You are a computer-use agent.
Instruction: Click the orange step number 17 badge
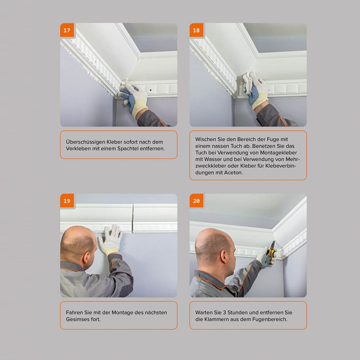click(x=67, y=30)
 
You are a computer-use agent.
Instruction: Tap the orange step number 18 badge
click(x=196, y=30)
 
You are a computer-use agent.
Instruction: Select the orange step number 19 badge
click(x=67, y=201)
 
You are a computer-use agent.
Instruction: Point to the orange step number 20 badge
click(x=196, y=201)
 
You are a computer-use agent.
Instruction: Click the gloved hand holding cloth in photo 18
click(x=256, y=90)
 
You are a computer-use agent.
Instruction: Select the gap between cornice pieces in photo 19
click(x=132, y=218)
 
